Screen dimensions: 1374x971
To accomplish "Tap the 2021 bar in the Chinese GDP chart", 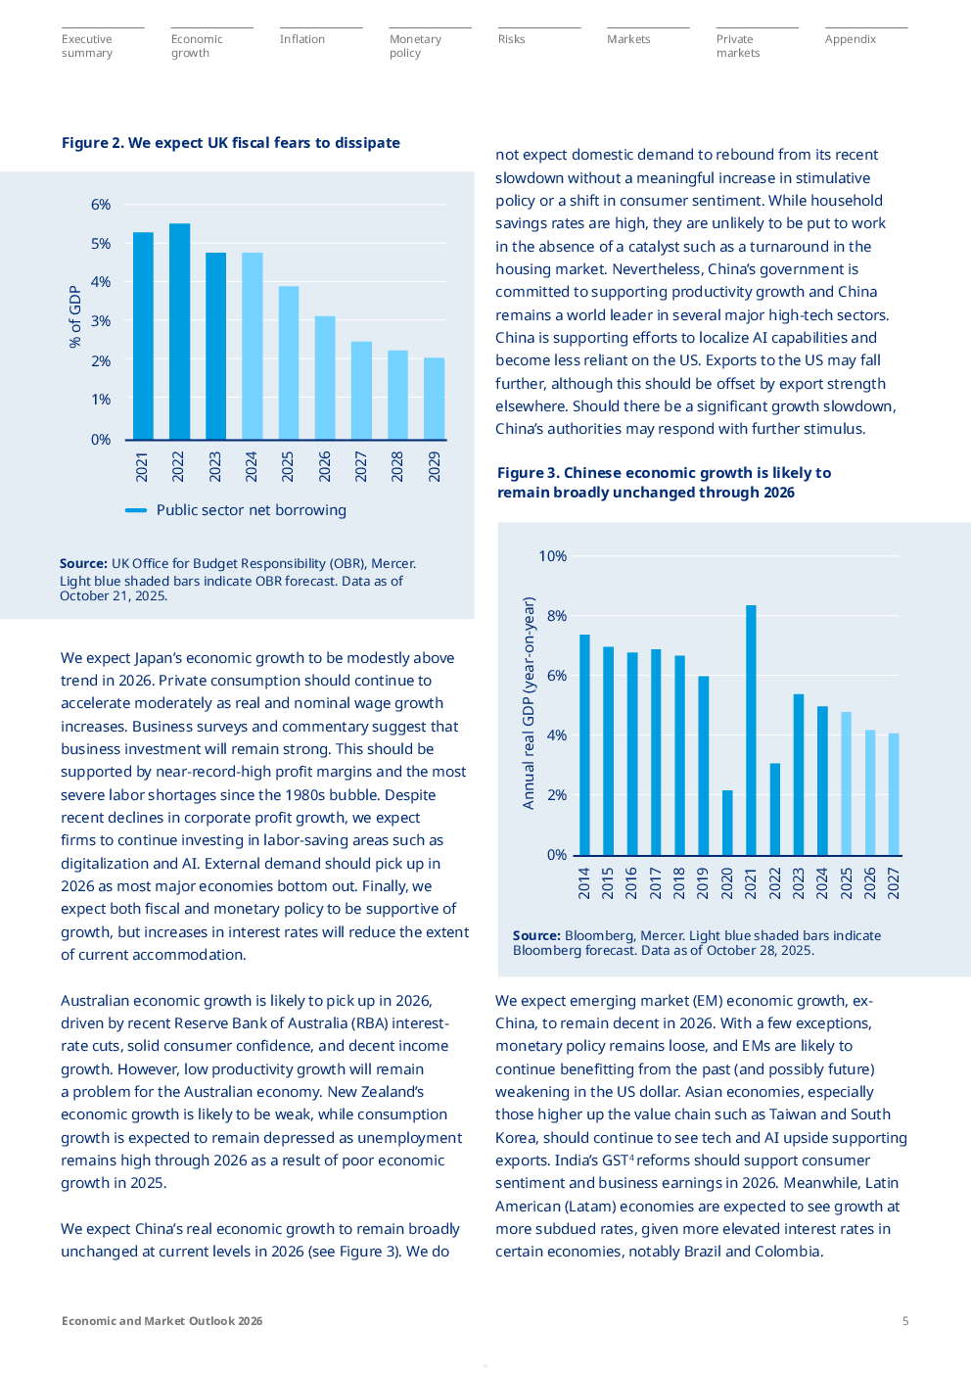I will [x=751, y=730].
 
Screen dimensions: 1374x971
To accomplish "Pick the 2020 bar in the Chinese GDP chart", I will [x=727, y=822].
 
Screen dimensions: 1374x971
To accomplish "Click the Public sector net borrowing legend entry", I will [x=236, y=510].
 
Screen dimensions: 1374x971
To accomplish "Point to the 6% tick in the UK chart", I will [x=101, y=205].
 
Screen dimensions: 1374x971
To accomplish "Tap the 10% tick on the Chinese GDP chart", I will [x=552, y=556].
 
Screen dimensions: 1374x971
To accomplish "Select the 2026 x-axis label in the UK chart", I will [x=325, y=466].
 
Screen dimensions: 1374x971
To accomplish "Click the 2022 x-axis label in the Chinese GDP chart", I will [x=775, y=882].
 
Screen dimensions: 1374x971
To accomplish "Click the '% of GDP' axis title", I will [x=75, y=316].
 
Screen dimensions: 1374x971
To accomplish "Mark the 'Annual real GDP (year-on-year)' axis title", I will [x=529, y=703].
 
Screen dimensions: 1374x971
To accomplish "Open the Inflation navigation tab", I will [x=301, y=39].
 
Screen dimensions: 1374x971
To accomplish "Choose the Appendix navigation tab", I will [x=850, y=39].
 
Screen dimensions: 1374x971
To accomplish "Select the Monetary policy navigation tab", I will [x=415, y=46].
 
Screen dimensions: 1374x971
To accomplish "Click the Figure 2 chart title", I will [x=231, y=143].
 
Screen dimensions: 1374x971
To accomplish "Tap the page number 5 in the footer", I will [x=905, y=1321].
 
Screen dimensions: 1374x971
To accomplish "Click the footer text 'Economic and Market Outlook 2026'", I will [x=162, y=1321].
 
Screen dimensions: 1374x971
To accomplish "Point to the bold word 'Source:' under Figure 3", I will [x=536, y=936].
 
